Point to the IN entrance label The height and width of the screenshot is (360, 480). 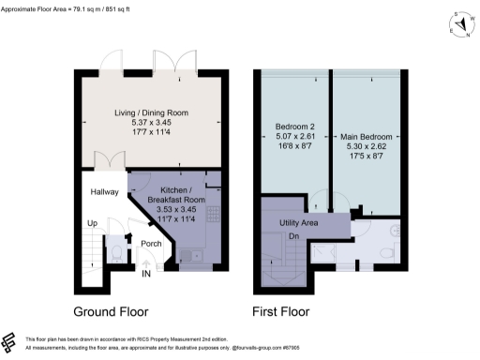145,275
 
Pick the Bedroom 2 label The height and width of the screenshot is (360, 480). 293,127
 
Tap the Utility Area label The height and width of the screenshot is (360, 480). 301,223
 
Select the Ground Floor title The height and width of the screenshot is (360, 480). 111,310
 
